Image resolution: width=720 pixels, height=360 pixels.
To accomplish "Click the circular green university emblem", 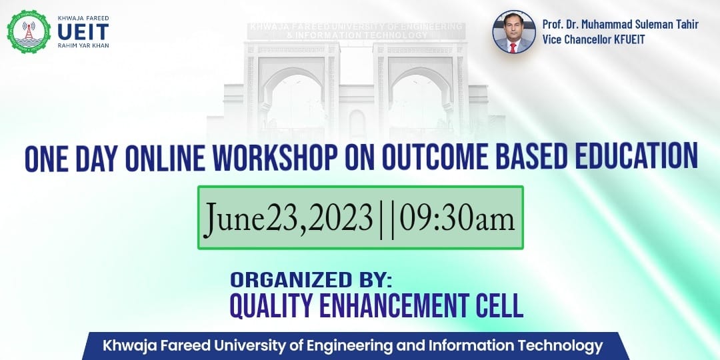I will (x=29, y=31).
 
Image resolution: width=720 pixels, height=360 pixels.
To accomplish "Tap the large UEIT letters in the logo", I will (x=83, y=31).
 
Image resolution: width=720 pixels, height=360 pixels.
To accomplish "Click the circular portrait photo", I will (x=514, y=32).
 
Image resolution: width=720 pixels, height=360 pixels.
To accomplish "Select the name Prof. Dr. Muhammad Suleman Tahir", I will (x=620, y=25).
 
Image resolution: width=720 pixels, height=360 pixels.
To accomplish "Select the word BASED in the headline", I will (x=526, y=157).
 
